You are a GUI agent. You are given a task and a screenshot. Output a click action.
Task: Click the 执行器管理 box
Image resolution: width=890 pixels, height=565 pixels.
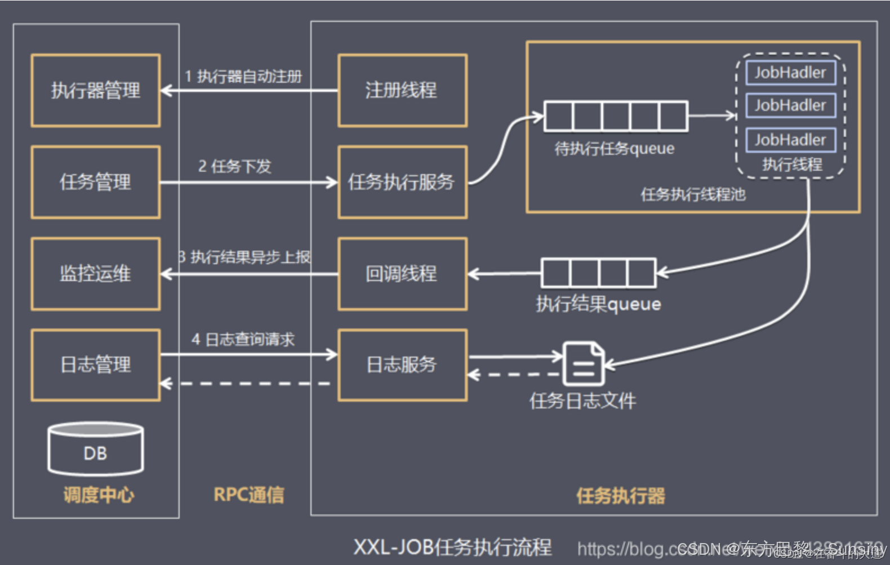point(96,91)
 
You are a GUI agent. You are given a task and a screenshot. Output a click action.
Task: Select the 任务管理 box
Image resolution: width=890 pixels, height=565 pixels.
point(96,182)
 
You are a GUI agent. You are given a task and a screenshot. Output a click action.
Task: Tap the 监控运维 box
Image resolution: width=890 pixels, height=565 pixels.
point(96,274)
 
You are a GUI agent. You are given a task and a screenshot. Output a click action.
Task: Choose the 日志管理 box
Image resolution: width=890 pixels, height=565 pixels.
point(96,365)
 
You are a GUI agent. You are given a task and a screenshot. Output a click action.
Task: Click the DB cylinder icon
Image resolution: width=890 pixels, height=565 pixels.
point(96,449)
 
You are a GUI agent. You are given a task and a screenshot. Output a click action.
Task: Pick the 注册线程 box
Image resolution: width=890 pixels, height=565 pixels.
point(402,91)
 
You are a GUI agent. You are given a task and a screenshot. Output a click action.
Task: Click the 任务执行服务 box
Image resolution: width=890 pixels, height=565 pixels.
point(402,182)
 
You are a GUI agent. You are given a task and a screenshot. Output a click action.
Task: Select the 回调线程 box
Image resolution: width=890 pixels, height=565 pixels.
point(402,274)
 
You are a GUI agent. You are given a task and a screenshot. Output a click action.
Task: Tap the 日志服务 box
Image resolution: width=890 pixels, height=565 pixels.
point(402,365)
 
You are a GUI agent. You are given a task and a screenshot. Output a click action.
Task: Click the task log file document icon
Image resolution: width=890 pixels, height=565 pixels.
point(584,364)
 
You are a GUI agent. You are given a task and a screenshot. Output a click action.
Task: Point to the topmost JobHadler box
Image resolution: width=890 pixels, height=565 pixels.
point(790,73)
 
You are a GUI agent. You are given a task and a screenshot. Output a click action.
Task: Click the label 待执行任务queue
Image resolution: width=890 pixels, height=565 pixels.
point(615,149)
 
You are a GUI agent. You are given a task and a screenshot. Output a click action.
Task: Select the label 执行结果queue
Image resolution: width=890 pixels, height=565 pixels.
point(598,304)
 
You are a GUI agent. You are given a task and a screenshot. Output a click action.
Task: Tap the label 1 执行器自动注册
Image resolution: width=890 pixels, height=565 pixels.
point(244,76)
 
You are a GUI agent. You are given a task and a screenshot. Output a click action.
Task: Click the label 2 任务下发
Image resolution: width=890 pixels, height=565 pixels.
point(235,166)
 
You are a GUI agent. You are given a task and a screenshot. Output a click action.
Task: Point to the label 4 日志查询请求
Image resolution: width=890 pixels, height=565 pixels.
point(243,339)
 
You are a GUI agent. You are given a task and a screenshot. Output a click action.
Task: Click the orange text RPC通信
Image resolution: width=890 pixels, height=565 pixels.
point(249,495)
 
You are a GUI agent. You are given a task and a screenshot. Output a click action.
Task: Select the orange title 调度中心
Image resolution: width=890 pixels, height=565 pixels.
point(99,495)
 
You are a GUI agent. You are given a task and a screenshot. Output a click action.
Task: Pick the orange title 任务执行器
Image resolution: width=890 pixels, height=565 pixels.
point(620,496)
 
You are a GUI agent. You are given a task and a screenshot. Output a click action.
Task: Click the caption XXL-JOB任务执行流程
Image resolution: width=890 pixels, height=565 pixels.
point(452,547)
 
